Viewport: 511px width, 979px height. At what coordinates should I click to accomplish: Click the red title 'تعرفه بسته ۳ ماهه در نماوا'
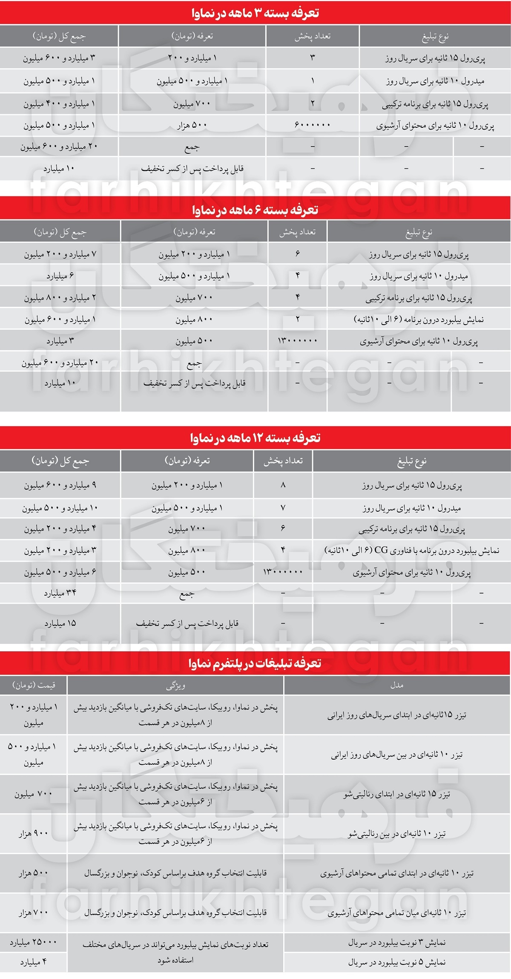click(255, 13)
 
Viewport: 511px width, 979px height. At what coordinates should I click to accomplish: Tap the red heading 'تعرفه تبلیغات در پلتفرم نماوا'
click(255, 663)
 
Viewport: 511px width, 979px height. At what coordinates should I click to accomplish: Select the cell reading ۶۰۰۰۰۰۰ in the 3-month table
click(312, 125)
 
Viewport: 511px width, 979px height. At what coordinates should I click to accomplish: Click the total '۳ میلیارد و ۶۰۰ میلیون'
click(59, 58)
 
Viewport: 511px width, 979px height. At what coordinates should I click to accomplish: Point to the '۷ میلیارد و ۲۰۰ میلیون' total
click(60, 254)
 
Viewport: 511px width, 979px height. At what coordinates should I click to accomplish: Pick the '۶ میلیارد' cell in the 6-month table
click(60, 276)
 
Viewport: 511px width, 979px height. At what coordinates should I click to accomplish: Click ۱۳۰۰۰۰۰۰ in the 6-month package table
click(297, 341)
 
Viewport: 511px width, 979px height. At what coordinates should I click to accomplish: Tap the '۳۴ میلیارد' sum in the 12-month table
click(60, 593)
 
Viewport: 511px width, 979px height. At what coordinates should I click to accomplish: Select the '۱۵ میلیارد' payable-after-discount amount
click(60, 623)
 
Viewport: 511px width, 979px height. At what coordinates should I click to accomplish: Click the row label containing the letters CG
click(411, 550)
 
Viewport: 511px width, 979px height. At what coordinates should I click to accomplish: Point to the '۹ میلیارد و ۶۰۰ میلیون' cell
click(60, 485)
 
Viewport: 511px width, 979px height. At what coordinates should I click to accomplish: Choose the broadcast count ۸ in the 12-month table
click(283, 485)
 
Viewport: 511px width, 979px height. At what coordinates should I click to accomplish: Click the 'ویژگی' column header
click(175, 685)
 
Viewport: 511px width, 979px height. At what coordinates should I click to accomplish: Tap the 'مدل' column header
click(396, 685)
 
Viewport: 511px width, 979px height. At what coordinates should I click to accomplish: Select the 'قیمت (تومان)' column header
click(34, 685)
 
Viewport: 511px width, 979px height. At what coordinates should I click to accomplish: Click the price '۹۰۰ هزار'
click(34, 834)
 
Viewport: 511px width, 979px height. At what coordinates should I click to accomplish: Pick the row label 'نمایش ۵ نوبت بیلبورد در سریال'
click(396, 962)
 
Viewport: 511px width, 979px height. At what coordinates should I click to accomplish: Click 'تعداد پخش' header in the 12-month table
click(283, 461)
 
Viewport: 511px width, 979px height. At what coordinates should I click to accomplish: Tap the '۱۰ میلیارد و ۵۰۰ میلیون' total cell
click(60, 508)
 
